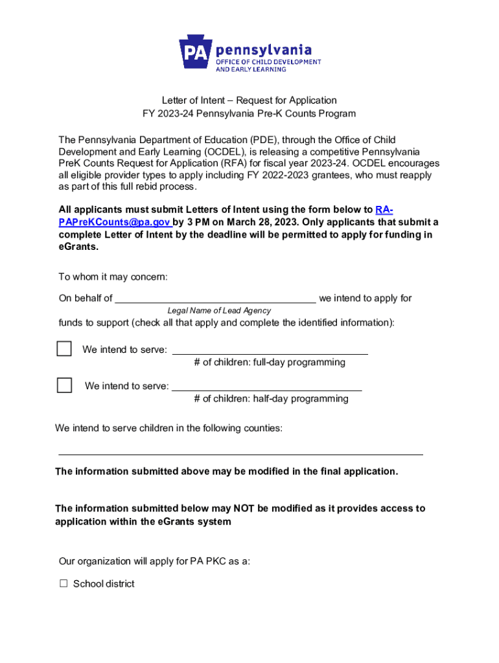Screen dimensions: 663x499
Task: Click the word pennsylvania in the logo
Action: click(x=263, y=50)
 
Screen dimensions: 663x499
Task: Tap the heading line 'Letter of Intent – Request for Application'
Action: click(x=249, y=100)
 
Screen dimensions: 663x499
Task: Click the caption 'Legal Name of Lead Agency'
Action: click(x=219, y=311)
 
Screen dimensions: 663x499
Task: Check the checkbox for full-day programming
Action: click(x=64, y=349)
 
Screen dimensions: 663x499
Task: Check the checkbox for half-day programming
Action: click(x=64, y=385)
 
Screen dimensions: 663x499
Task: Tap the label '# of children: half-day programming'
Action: click(x=271, y=399)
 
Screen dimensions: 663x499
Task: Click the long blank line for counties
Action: click(x=240, y=453)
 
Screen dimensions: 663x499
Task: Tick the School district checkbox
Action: click(x=64, y=584)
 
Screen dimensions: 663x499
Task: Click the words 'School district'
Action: click(x=104, y=584)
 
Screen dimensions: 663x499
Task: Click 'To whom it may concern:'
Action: click(x=113, y=277)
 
